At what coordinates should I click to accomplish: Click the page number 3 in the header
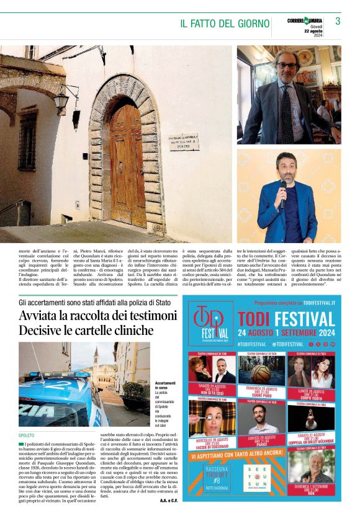[x=338, y=21]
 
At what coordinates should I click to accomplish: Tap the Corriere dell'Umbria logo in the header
[x=305, y=22]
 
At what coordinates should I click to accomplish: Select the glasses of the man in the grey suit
[x=287, y=65]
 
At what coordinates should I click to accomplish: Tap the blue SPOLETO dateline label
[x=27, y=435]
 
